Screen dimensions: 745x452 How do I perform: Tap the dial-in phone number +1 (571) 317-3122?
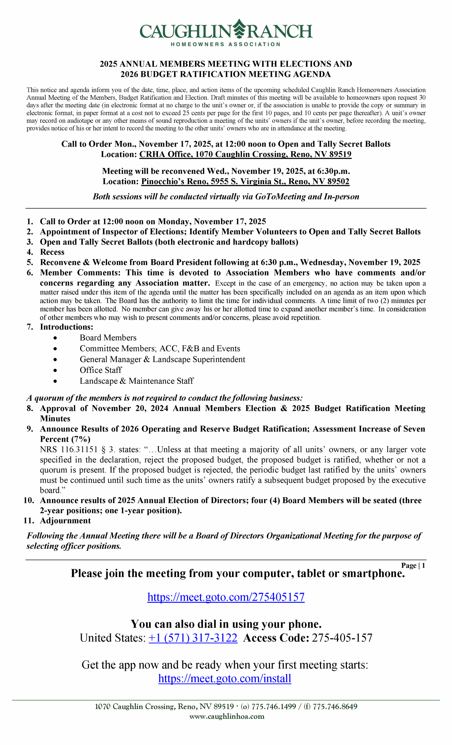193,638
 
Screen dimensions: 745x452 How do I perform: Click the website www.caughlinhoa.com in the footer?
227,716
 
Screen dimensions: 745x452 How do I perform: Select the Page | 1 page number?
413,565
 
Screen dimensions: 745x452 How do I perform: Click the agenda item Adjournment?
65,521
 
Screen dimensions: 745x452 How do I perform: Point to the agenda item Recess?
52,252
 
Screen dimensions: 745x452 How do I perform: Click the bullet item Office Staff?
101,370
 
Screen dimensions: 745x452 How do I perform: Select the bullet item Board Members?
108,338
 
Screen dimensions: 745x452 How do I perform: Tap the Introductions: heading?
67,327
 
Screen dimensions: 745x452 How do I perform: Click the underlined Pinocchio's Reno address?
245,181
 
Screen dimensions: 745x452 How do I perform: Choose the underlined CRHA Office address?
245,155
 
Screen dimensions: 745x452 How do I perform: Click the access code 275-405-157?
342,638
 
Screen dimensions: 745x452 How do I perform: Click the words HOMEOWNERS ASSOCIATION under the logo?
225,45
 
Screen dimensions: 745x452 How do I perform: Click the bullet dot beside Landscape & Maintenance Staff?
55,381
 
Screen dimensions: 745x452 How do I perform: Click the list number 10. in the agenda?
29,500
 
